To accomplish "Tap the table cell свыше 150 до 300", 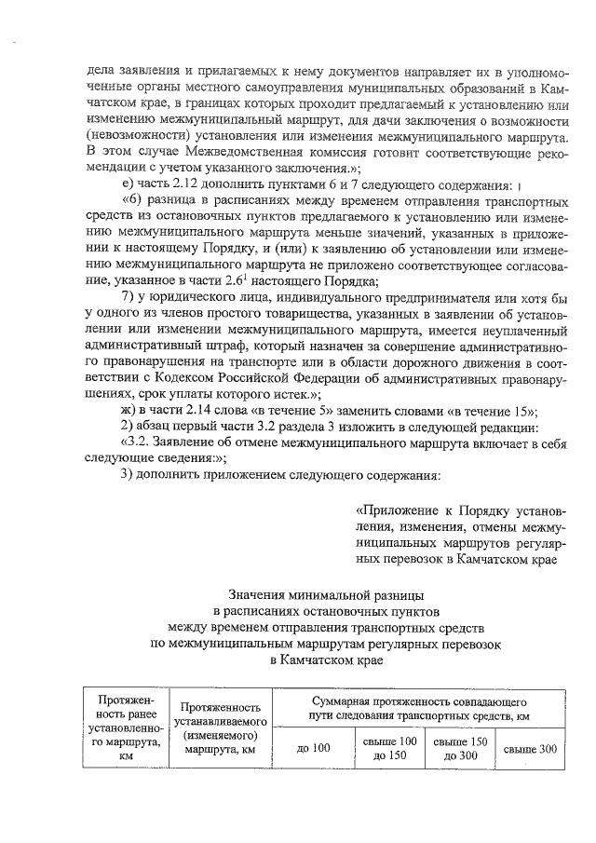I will (459, 747).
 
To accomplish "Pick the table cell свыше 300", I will (530, 747).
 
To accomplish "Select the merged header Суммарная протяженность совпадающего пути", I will (418, 705).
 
